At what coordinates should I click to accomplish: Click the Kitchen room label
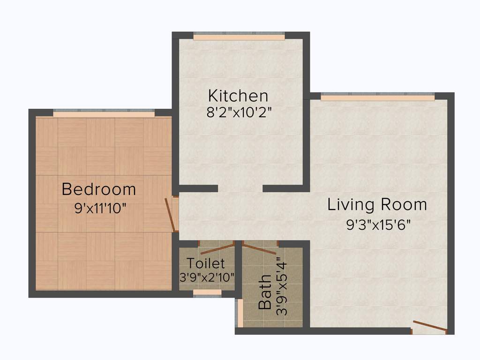[x=238, y=96]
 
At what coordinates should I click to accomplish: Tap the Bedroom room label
[x=99, y=189]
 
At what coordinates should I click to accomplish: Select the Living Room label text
[x=377, y=204]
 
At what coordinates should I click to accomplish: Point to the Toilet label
[x=206, y=263]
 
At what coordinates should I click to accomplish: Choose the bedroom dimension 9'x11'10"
[x=101, y=208]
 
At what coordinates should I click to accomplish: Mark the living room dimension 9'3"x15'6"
[x=379, y=225]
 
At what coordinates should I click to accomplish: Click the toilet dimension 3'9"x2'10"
[x=207, y=277]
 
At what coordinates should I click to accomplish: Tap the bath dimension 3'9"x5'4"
[x=283, y=289]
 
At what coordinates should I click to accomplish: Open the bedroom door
[x=171, y=215]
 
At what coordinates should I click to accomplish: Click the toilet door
[x=216, y=247]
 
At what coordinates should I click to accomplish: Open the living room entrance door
[x=428, y=327]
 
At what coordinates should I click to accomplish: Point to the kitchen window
[x=239, y=37]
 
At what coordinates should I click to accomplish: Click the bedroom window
[x=104, y=113]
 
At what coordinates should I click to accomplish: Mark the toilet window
[x=207, y=292]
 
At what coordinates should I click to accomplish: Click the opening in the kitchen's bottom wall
[x=240, y=188]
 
